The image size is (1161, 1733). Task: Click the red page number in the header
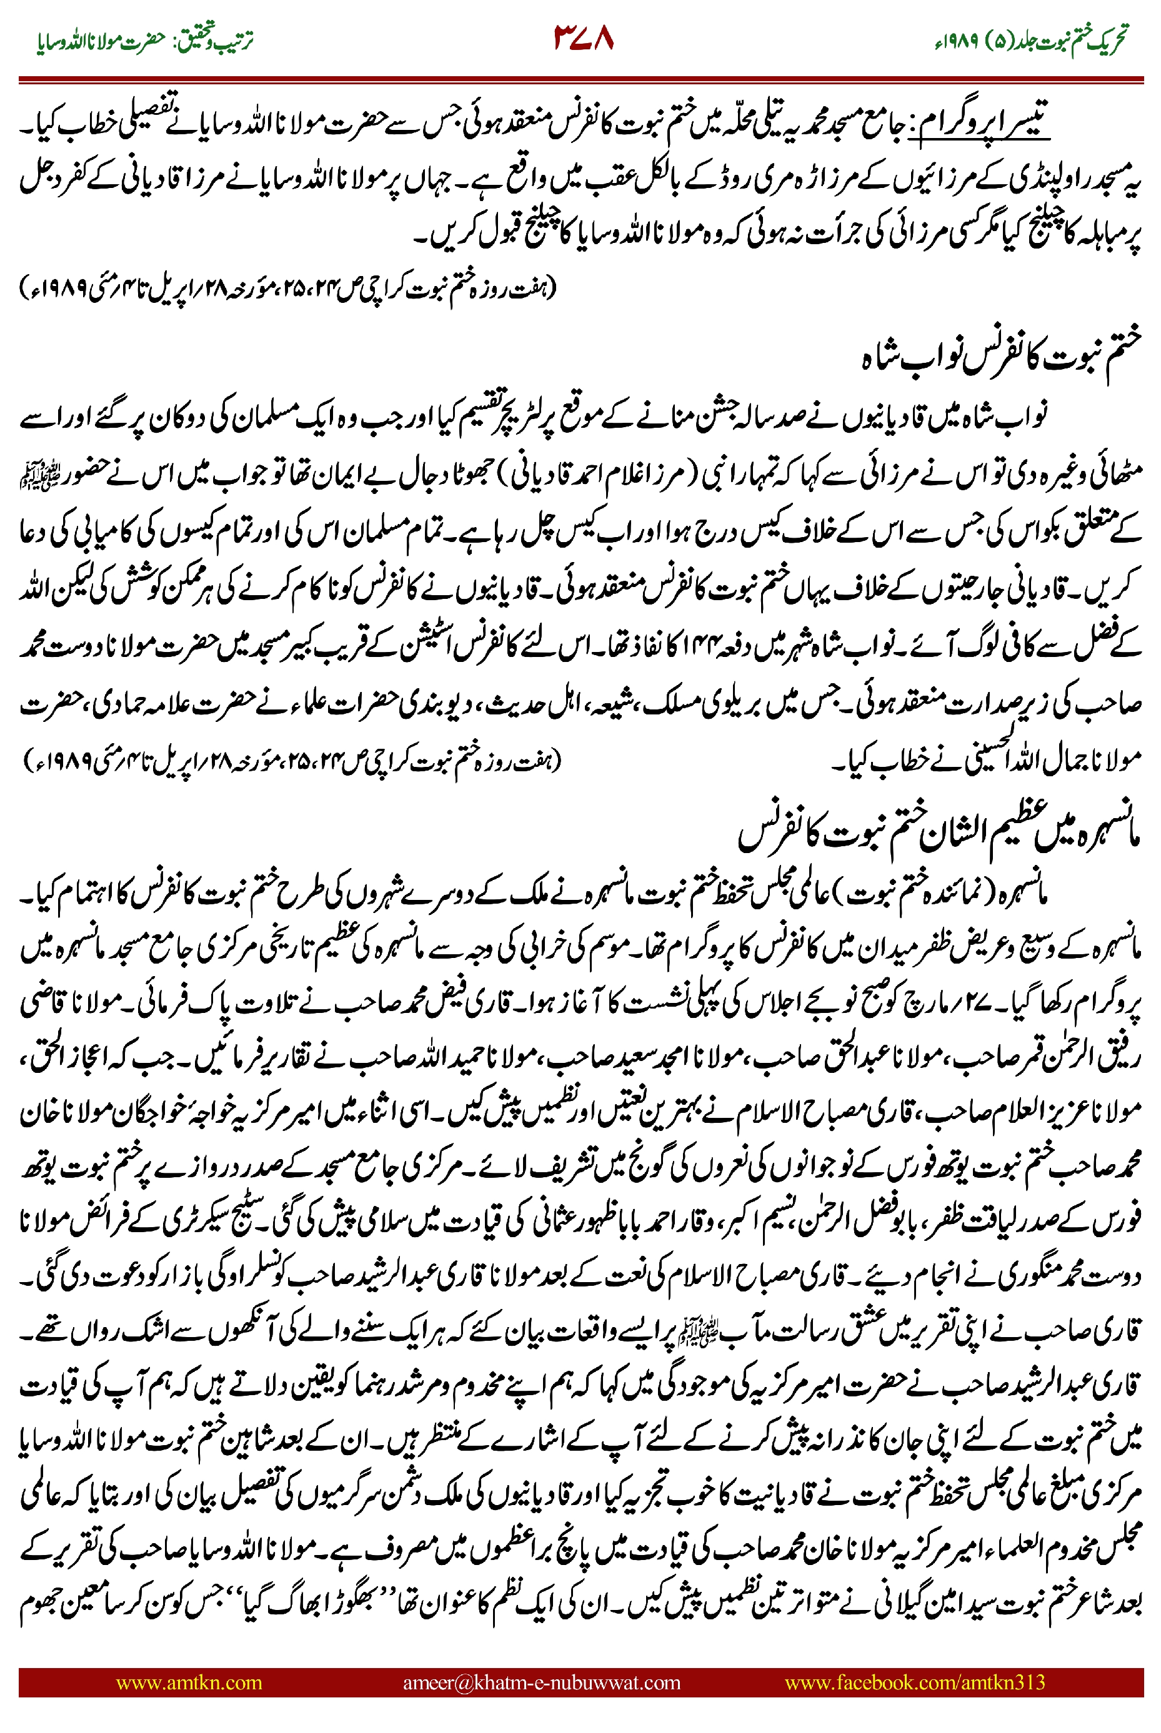point(584,39)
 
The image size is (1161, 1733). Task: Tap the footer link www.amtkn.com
point(189,1682)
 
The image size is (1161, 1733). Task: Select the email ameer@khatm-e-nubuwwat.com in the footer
point(541,1682)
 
